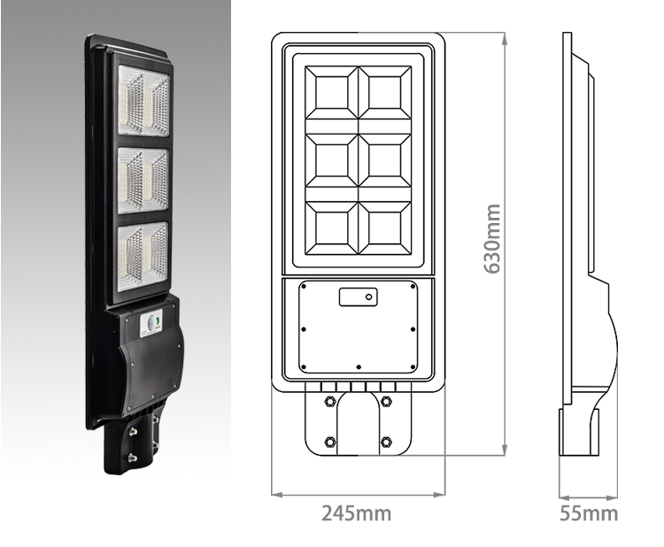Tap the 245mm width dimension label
tap(356, 513)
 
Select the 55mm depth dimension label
tap(589, 513)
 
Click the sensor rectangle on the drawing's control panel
tap(358, 296)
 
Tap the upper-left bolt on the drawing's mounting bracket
tap(330, 402)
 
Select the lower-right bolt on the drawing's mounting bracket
tap(386, 440)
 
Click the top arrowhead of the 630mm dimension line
tap(504, 38)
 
